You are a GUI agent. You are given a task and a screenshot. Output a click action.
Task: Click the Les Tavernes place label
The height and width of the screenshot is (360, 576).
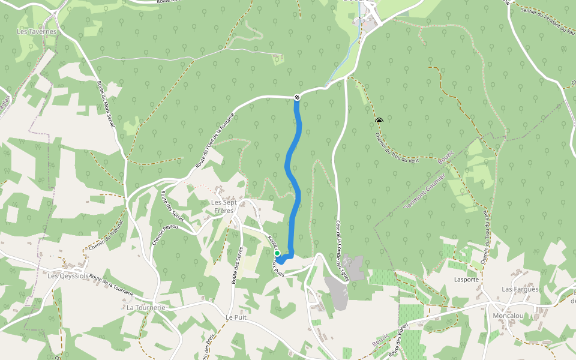pyautogui.click(x=37, y=31)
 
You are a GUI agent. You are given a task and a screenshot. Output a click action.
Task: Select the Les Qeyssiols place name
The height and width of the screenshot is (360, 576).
pyautogui.click(x=68, y=276)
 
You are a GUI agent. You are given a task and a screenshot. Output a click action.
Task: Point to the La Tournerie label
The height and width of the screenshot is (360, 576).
pyautogui.click(x=146, y=307)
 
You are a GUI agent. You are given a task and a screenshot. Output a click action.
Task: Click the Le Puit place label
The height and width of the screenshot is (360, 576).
pyautogui.click(x=237, y=317)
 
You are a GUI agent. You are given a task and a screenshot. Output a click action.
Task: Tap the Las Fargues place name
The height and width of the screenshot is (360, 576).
pyautogui.click(x=520, y=289)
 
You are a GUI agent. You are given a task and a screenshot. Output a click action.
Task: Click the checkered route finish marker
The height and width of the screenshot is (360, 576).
pyautogui.click(x=297, y=97)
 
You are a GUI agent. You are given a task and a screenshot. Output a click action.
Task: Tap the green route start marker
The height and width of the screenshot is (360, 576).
pyautogui.click(x=277, y=253)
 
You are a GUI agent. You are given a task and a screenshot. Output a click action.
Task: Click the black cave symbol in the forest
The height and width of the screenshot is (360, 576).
pyautogui.click(x=379, y=121)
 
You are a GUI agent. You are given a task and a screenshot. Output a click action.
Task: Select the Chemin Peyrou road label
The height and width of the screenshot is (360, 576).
pyautogui.click(x=158, y=231)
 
